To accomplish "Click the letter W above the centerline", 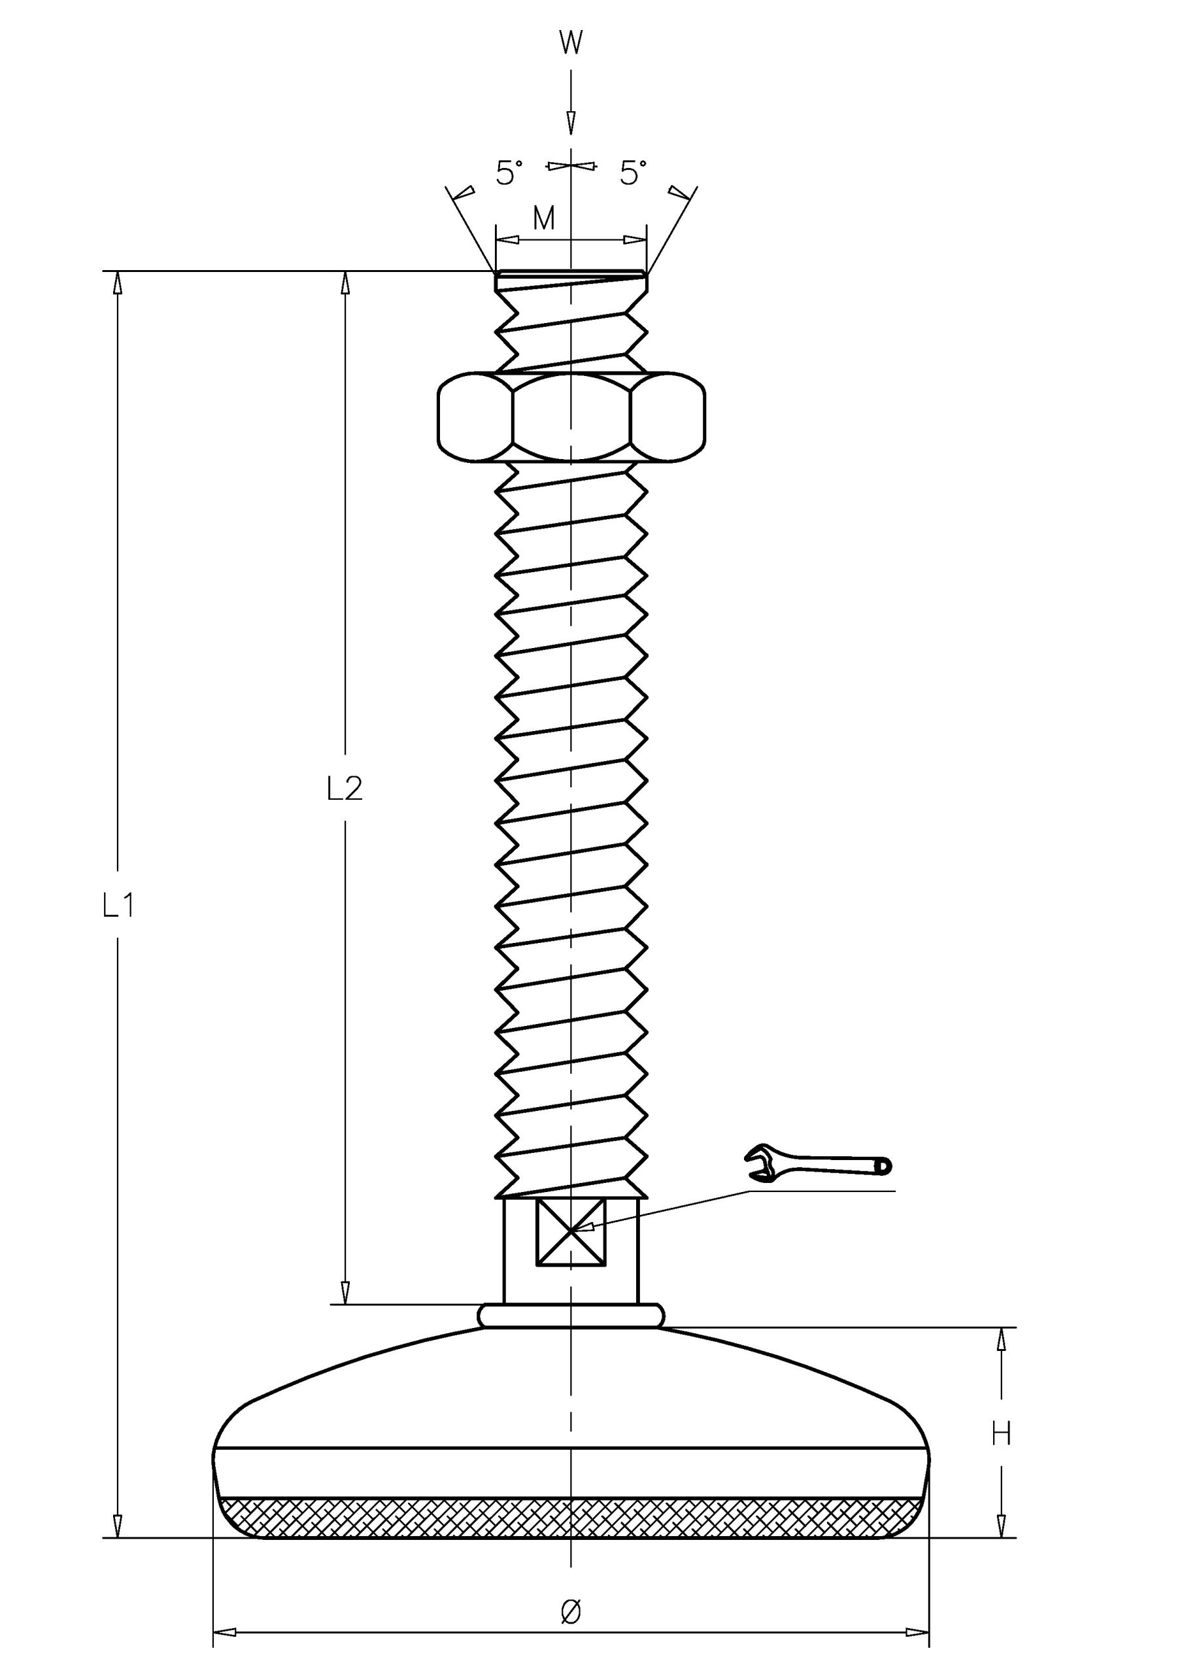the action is point(571,43).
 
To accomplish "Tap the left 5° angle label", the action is point(509,173).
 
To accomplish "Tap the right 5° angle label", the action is point(633,173).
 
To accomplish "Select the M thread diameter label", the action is point(544,218).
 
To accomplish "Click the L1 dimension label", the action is point(118,906).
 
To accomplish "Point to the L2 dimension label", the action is point(344,789).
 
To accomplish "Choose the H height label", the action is point(1001,1434).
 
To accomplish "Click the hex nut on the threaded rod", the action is point(571,417).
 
